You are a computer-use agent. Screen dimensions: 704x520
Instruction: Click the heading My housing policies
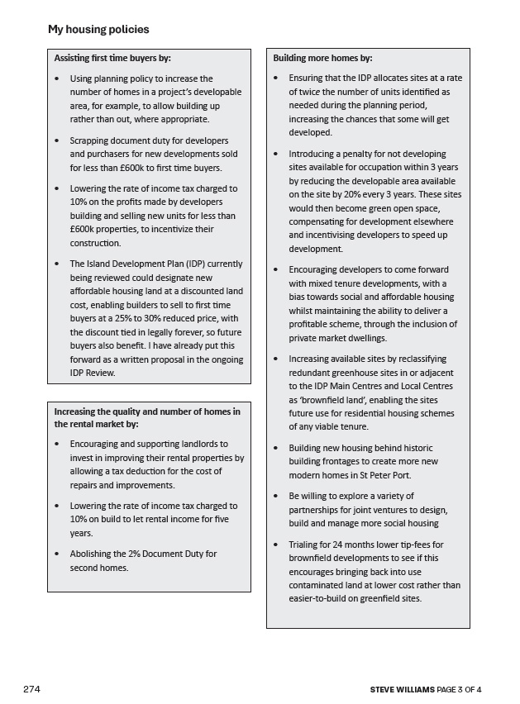pyautogui.click(x=98, y=30)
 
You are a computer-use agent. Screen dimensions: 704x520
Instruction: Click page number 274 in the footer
pyautogui.click(x=32, y=689)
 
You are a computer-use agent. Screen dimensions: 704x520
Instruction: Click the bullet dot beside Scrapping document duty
pyautogui.click(x=56, y=140)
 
